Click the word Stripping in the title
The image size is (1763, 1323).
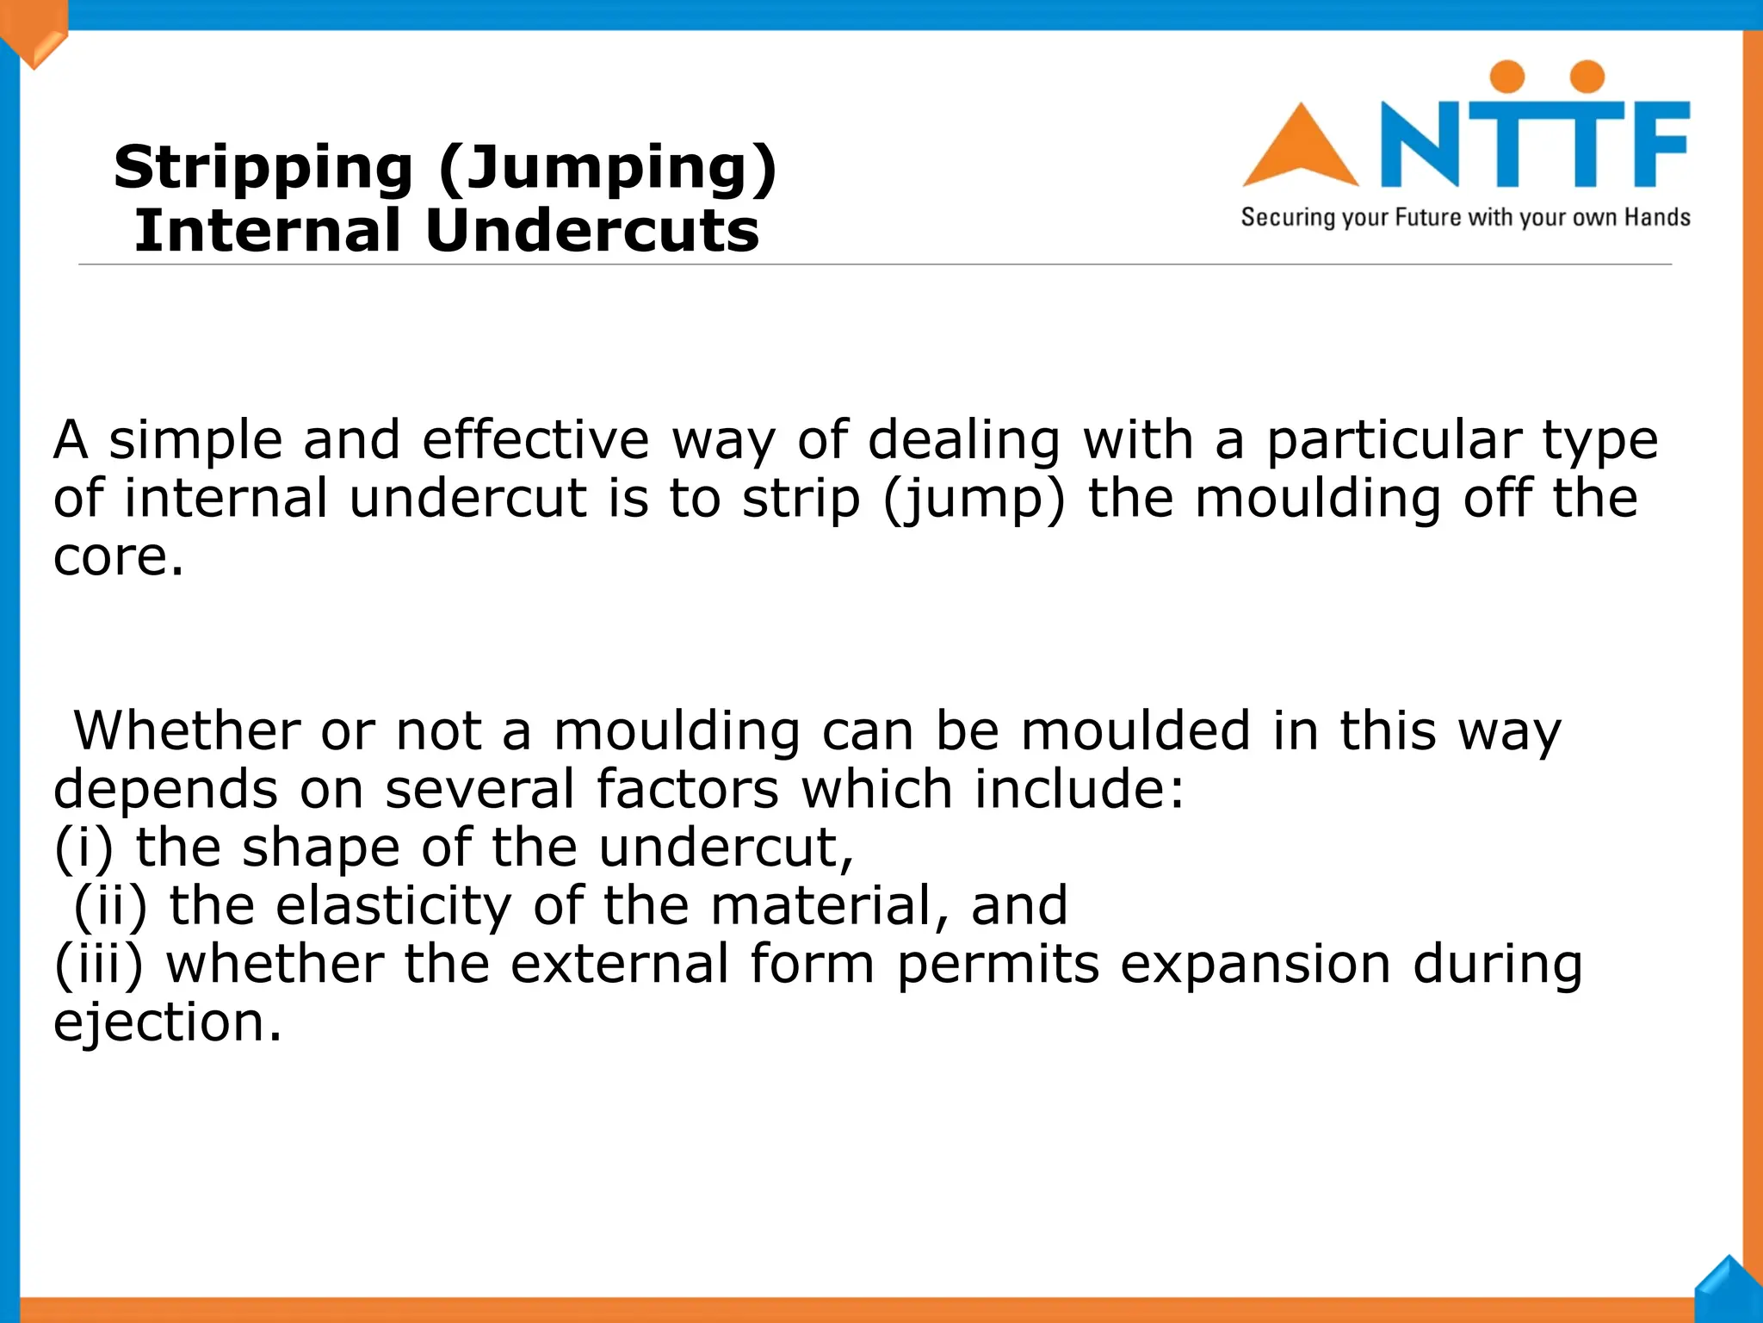[x=263, y=168]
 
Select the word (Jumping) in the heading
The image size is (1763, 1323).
[x=607, y=168]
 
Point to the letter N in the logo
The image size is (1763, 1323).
[x=1420, y=144]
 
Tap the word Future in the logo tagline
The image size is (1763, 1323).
[x=1428, y=217]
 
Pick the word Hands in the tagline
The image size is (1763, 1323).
[x=1657, y=217]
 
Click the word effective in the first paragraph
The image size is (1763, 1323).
[x=535, y=440]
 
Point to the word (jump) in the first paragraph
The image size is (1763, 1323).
[x=974, y=500]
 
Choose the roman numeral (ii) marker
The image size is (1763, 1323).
[x=110, y=906]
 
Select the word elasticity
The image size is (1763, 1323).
[x=393, y=906]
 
